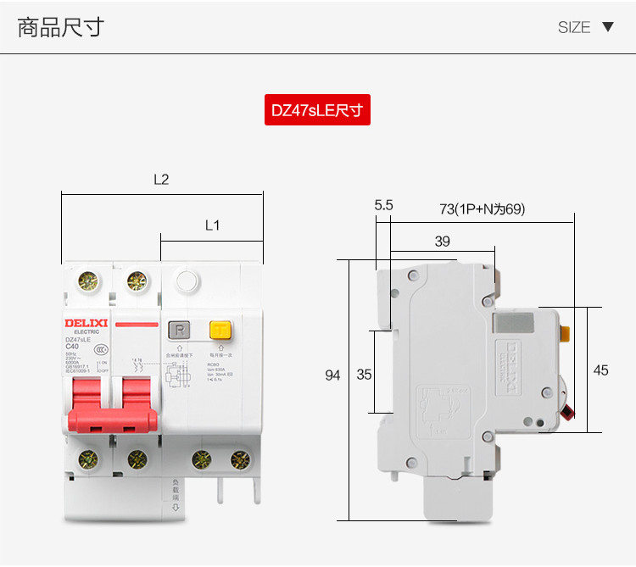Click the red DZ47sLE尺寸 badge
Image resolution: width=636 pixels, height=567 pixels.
pyautogui.click(x=317, y=110)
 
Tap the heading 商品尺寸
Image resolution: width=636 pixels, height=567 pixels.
pyautogui.click(x=60, y=27)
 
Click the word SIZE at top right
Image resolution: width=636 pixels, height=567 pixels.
pyautogui.click(x=573, y=27)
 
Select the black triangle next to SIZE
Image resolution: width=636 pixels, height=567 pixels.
pyautogui.click(x=607, y=26)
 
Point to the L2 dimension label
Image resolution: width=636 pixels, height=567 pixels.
pyautogui.click(x=161, y=180)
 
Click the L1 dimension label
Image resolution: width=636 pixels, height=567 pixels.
pyautogui.click(x=213, y=225)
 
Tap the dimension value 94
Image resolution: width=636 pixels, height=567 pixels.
pyautogui.click(x=332, y=375)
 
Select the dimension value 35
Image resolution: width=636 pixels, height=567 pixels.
pyautogui.click(x=364, y=375)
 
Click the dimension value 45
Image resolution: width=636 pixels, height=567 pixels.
pyautogui.click(x=600, y=370)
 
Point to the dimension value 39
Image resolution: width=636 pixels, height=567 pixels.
pyautogui.click(x=442, y=242)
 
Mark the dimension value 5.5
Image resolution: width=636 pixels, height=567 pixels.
pyautogui.click(x=383, y=205)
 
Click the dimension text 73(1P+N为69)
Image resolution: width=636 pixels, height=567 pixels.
pyautogui.click(x=482, y=208)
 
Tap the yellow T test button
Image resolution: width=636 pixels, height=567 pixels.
pyautogui.click(x=220, y=331)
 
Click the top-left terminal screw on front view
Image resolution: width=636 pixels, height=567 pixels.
pyautogui.click(x=86, y=281)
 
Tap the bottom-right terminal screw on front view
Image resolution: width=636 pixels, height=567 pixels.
pyautogui.click(x=241, y=460)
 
